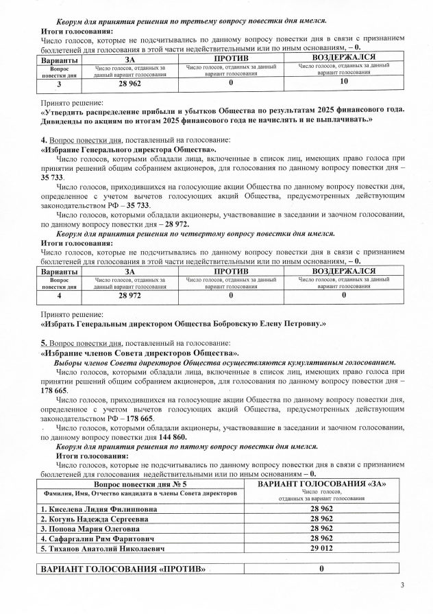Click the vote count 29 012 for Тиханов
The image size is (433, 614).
[x=321, y=549]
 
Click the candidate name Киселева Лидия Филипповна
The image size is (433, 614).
[x=98, y=510]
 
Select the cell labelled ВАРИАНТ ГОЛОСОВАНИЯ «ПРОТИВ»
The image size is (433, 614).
[x=123, y=570]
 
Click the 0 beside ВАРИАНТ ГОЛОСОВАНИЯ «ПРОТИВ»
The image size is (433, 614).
[x=321, y=570]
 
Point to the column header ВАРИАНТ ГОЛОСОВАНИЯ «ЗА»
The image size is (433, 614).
[x=321, y=484]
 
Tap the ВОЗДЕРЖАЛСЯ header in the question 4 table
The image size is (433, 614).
[x=343, y=271]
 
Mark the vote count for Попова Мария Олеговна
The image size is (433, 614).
[x=321, y=529]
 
